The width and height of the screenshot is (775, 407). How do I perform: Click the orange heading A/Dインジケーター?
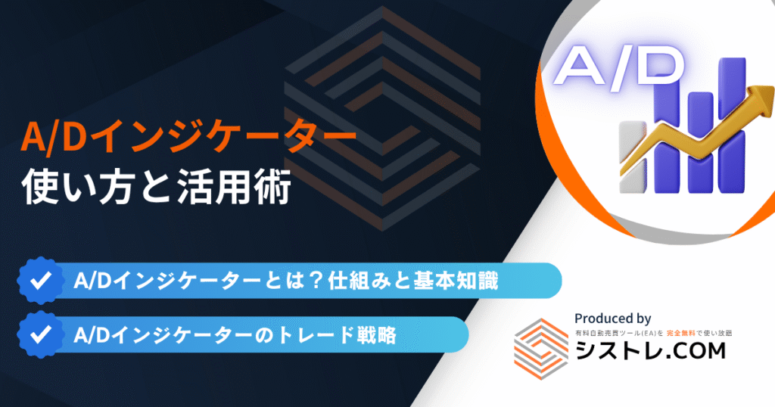click(x=188, y=138)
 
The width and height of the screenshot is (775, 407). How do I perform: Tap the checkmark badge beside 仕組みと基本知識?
click(x=41, y=281)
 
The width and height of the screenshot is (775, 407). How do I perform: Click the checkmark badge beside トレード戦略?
click(x=41, y=334)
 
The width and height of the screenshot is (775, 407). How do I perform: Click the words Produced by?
click(x=612, y=318)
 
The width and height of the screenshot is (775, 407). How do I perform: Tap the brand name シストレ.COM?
click(x=650, y=351)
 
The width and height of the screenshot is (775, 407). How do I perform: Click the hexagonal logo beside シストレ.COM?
click(x=541, y=349)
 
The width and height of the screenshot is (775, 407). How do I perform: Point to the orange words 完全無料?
click(x=680, y=334)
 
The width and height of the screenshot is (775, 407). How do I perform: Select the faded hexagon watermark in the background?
click(x=382, y=119)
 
